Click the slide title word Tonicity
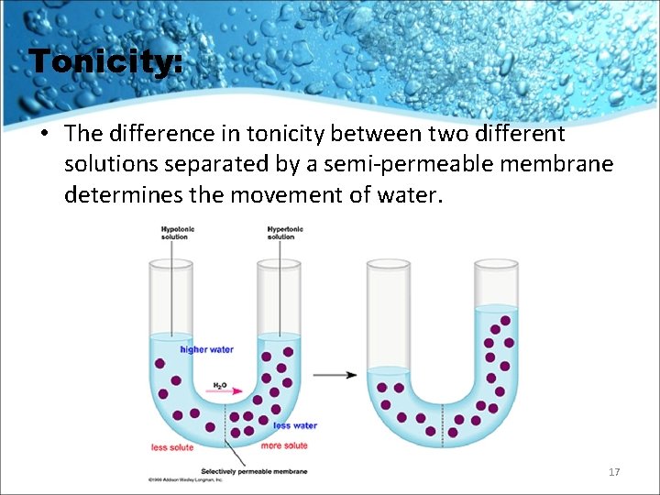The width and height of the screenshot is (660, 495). click(105, 62)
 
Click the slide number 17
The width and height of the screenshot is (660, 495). click(614, 472)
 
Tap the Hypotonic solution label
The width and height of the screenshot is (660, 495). click(174, 233)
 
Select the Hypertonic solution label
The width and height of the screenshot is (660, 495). click(281, 233)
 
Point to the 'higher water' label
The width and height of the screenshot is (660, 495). click(207, 349)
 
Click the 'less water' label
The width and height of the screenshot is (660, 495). click(295, 425)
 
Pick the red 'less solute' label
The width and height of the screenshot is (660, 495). click(172, 447)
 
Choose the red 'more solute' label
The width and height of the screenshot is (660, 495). click(284, 445)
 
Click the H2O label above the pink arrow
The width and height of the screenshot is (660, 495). click(220, 385)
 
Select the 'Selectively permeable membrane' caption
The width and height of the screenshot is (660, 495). click(254, 471)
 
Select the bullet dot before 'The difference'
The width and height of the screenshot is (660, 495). click(44, 134)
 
